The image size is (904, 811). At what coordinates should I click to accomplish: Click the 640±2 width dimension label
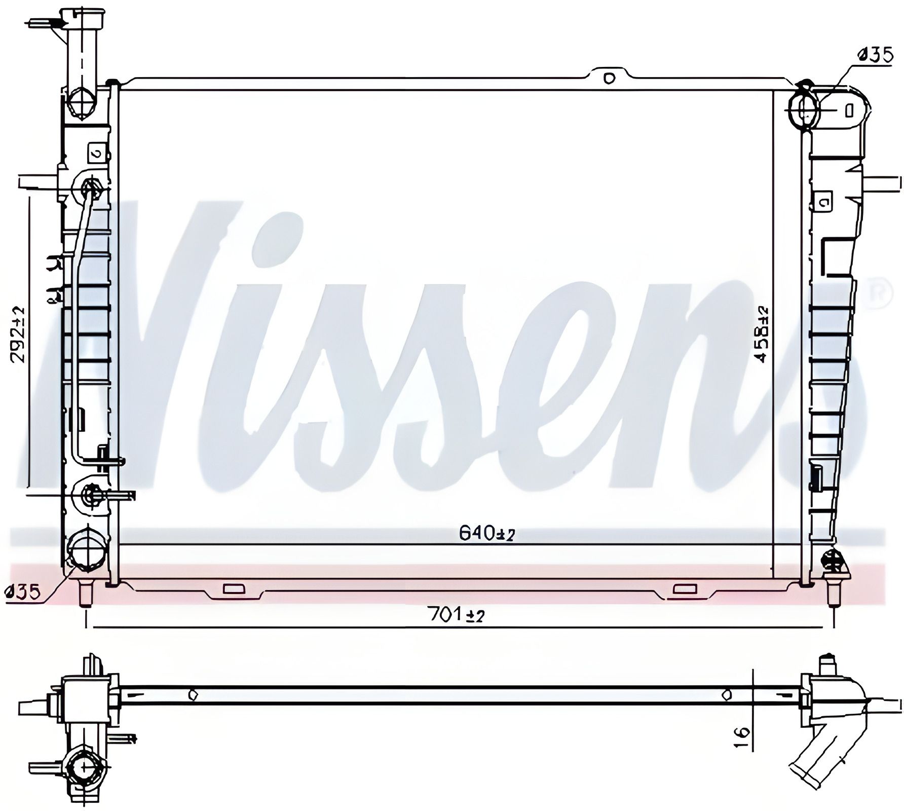[x=486, y=533]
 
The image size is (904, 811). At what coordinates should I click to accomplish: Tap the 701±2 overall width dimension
[x=457, y=615]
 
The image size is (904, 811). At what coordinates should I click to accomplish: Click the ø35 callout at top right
[x=875, y=54]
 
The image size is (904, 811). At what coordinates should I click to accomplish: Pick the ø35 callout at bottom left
[x=22, y=592]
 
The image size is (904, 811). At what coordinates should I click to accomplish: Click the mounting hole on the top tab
[x=609, y=78]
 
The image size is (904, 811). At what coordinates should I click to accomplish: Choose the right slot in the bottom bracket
[x=685, y=589]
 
